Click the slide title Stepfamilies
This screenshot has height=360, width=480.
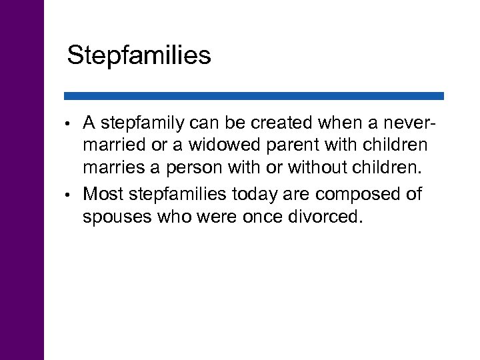(139, 55)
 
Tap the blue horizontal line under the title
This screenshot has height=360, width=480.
(253, 96)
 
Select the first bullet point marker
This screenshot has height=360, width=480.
(69, 124)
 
